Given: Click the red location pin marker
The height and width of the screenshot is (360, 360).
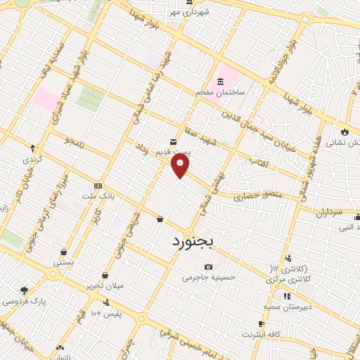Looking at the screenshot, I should click(x=181, y=166).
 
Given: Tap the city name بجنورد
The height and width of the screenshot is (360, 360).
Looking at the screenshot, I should click(x=196, y=241).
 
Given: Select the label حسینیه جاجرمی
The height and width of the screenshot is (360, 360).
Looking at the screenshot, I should click(x=206, y=278).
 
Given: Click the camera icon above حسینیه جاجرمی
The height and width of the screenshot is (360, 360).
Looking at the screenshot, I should click(x=208, y=266).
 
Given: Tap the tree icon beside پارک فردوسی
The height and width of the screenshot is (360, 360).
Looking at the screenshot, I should click(x=25, y=290).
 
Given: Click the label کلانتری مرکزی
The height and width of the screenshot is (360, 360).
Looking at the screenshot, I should click(x=290, y=279).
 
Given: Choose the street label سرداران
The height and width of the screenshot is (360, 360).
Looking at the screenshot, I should click(x=327, y=210).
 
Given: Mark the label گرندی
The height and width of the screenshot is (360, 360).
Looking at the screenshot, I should click(x=33, y=160).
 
